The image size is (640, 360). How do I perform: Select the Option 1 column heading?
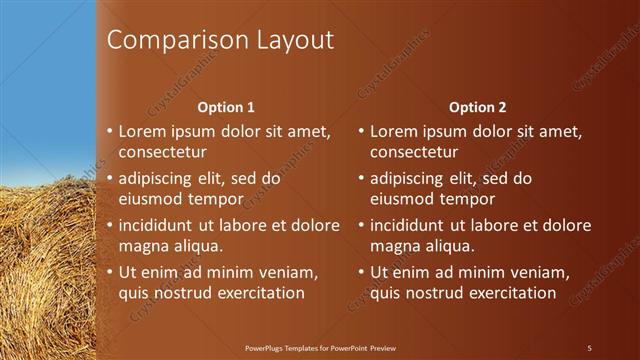pos(226,107)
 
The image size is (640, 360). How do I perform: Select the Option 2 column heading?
pos(477,107)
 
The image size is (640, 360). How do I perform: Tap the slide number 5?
pos(589,348)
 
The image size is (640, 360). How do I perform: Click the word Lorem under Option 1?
pos(141,131)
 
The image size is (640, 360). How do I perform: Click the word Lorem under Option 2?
pos(392,131)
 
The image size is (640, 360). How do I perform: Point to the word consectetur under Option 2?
pos(414,153)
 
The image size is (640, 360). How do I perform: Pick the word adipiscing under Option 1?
pos(155,178)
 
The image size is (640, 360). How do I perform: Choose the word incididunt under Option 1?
pos(158,225)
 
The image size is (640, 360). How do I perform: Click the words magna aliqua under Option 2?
pos(421,246)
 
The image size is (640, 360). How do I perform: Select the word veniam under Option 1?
pos(289,272)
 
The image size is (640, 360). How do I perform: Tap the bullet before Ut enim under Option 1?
pos(110,272)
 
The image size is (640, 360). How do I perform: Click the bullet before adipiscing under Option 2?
pos(361,179)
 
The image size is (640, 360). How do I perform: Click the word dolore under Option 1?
pos(314,225)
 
